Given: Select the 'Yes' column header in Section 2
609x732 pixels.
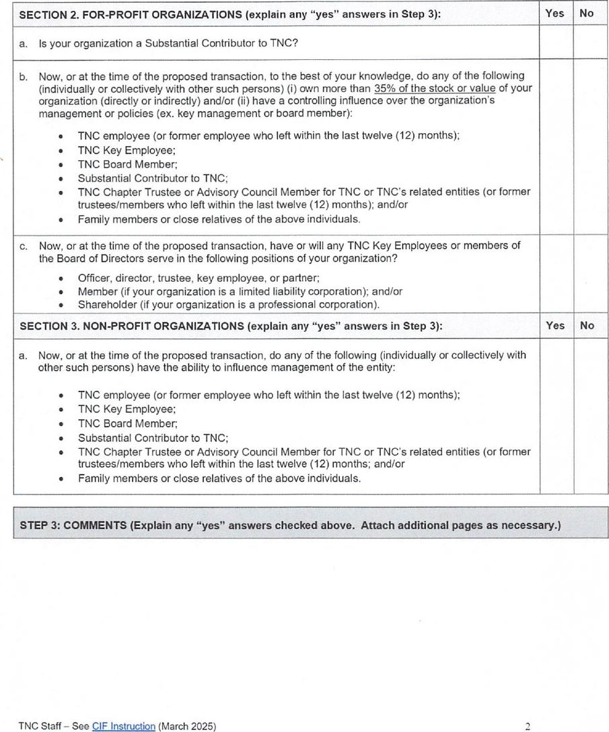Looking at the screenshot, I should (555, 13).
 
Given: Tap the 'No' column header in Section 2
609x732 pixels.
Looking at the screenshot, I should (587, 13).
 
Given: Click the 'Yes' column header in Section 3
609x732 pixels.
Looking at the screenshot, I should (555, 326).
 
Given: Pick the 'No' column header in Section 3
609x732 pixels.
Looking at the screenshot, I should (587, 326).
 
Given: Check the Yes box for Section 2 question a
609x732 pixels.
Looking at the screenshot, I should (556, 43).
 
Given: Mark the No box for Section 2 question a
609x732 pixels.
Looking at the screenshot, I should (590, 43).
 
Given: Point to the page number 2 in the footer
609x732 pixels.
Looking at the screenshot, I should (528, 726).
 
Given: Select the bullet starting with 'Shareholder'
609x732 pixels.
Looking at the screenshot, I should (228, 304).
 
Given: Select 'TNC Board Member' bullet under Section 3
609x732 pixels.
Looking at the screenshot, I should (128, 424).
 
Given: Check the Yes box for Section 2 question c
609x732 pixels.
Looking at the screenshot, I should (556, 274).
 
